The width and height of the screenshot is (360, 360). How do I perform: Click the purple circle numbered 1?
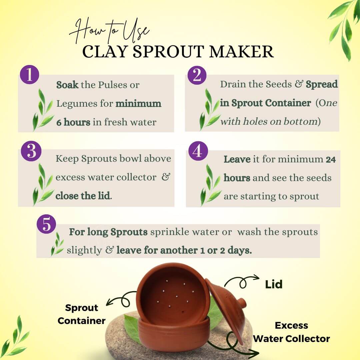tap(29, 75)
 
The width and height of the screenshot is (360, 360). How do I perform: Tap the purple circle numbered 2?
tap(197, 75)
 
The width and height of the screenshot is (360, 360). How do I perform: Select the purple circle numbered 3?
tap(31, 151)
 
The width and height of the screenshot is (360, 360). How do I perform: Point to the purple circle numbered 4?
tap(198, 151)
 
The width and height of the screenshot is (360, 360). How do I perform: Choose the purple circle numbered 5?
tap(46, 224)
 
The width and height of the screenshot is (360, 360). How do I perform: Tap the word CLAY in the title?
tap(105, 51)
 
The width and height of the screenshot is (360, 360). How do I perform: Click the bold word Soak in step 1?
tap(67, 85)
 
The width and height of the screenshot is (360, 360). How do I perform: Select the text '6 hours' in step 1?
tap(73, 122)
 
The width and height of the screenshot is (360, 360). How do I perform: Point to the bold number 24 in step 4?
tap(331, 160)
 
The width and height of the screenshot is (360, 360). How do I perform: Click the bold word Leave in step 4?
tap(237, 159)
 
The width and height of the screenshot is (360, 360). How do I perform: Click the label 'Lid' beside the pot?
tap(274, 284)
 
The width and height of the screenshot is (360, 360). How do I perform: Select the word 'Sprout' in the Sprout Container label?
tap(82, 308)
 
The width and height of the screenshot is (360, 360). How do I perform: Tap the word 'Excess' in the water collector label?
tap(291, 326)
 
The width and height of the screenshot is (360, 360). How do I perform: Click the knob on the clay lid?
tap(241, 302)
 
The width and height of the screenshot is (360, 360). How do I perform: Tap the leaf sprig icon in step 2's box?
tap(209, 110)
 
